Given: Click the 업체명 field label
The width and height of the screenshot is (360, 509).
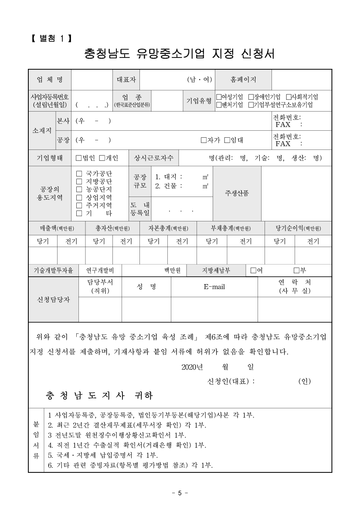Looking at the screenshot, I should [50, 79].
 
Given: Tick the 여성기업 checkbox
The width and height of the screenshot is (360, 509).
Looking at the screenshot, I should [219, 97].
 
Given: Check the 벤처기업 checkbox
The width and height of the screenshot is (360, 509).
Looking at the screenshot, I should [219, 105].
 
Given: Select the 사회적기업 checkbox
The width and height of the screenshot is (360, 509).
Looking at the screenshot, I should [288, 97].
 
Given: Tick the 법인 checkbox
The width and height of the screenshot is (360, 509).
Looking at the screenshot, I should [78, 158].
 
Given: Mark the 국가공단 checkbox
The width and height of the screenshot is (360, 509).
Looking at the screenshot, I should [79, 173].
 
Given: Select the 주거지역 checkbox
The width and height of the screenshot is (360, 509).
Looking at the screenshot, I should [79, 205].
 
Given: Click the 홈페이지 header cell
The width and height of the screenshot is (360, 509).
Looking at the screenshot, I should [243, 79].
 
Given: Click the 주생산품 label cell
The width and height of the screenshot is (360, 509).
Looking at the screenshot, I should [237, 193].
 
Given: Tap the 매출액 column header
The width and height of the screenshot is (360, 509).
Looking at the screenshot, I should [56, 228].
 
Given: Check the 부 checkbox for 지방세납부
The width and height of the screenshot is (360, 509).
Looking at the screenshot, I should [296, 270].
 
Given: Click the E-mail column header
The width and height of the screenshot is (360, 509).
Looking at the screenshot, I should [214, 287].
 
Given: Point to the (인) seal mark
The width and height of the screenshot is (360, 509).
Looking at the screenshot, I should [304, 381].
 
